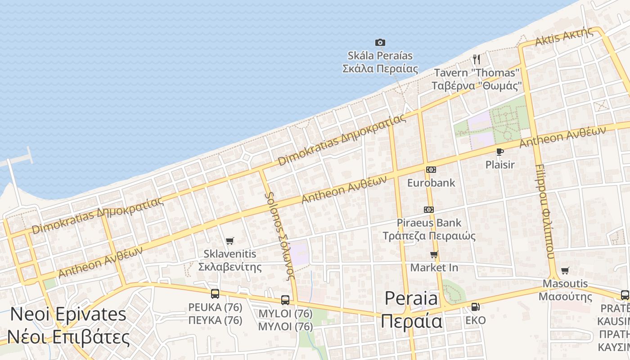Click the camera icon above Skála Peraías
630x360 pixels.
click(x=380, y=43)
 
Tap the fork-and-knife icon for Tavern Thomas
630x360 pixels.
click(x=477, y=59)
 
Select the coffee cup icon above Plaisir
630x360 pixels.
click(x=499, y=152)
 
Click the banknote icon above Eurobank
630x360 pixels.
click(x=431, y=170)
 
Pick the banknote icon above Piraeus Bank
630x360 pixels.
click(x=429, y=210)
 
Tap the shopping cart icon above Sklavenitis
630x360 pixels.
click(x=230, y=241)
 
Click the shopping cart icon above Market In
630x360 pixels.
click(x=434, y=255)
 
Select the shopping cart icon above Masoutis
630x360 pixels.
click(x=565, y=270)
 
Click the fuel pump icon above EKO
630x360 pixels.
click(x=475, y=307)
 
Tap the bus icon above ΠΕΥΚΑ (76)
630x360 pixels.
click(x=215, y=294)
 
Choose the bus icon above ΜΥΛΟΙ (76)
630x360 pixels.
click(x=285, y=300)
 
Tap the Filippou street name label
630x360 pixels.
click(x=544, y=211)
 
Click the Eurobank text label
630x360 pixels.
click(x=431, y=183)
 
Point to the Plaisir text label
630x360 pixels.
click(x=499, y=165)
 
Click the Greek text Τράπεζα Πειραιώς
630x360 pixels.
click(x=429, y=236)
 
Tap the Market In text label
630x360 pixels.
click(x=434, y=268)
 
